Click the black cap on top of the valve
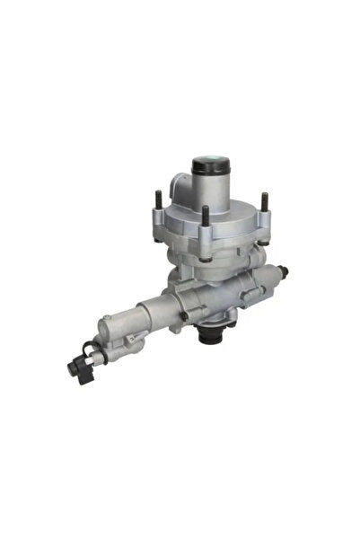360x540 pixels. pyautogui.click(x=212, y=165)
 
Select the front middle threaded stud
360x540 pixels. pyautogui.click(x=206, y=217)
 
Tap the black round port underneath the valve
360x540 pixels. pyautogui.click(x=212, y=337)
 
